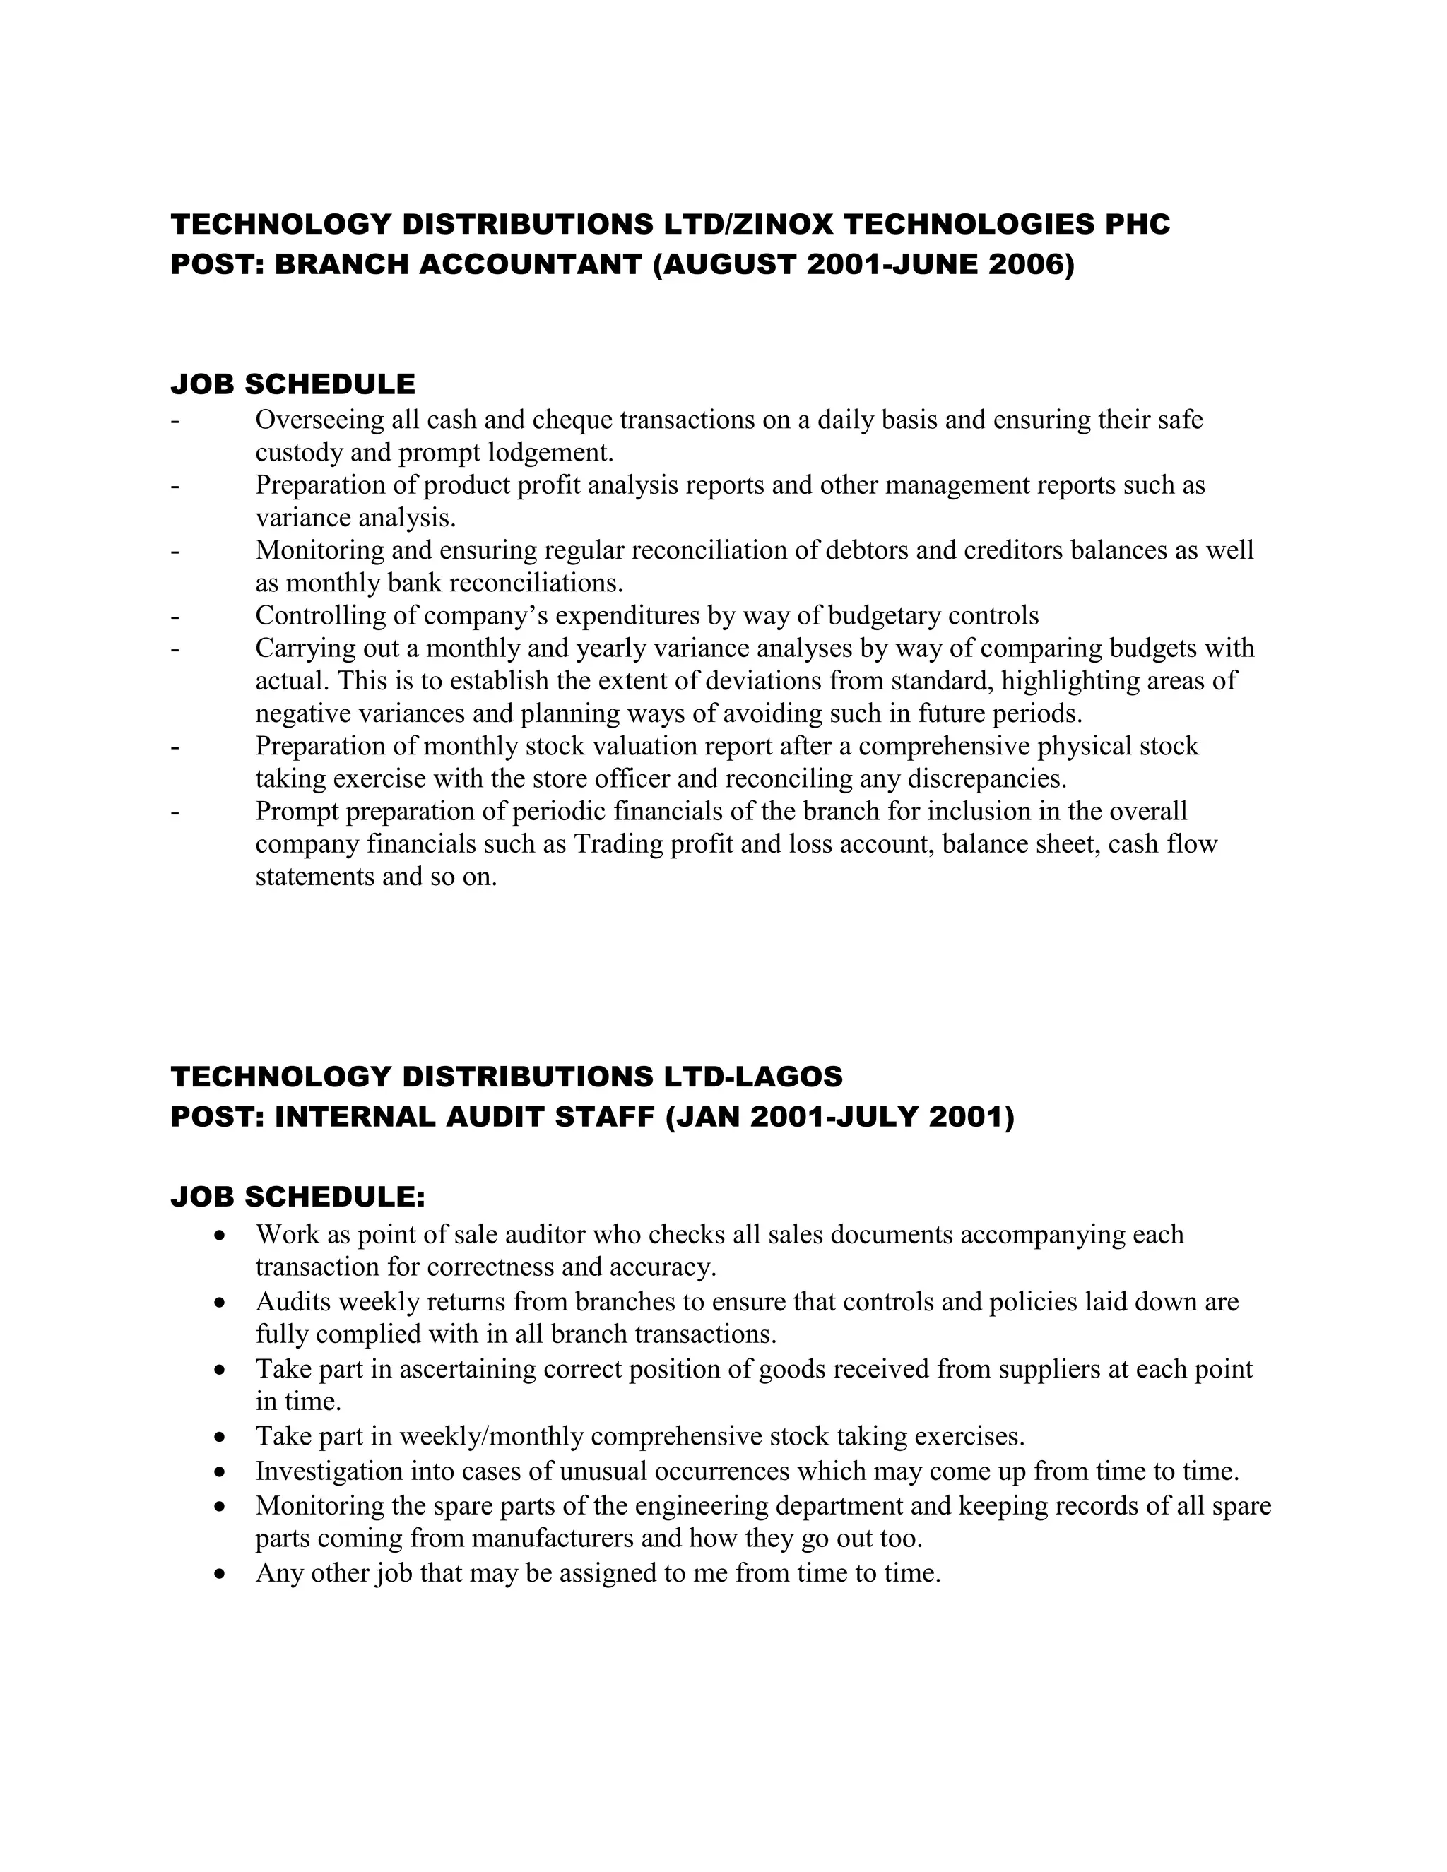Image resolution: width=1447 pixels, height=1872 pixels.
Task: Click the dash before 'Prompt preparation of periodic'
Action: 175,812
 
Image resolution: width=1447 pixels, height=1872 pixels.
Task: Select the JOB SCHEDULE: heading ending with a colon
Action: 297,1197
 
